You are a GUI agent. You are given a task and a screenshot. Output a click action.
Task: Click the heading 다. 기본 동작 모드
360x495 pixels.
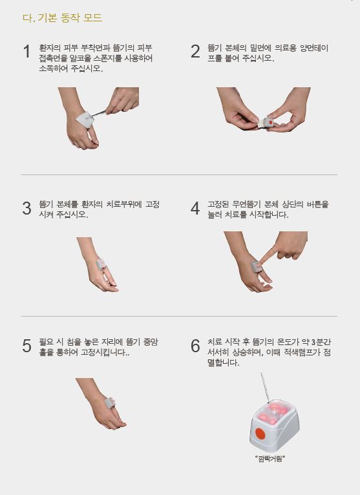click(x=63, y=17)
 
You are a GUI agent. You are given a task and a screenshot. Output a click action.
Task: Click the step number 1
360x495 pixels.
click(x=27, y=52)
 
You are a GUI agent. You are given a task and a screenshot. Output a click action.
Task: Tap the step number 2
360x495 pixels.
click(x=195, y=52)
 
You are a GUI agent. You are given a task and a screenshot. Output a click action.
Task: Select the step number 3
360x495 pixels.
click(x=27, y=208)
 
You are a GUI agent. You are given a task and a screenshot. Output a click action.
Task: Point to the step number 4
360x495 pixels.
click(x=195, y=208)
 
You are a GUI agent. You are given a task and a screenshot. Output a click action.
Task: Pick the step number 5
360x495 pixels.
click(x=27, y=346)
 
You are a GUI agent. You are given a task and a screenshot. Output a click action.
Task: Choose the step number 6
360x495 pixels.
click(x=195, y=346)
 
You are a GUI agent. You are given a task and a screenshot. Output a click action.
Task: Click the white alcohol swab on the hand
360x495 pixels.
click(x=84, y=120)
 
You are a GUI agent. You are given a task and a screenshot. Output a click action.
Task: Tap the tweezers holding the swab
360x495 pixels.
click(x=98, y=114)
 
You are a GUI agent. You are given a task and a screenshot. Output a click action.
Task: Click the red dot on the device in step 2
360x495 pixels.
click(x=271, y=122)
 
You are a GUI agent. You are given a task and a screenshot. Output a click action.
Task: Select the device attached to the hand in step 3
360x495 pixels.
click(x=101, y=264)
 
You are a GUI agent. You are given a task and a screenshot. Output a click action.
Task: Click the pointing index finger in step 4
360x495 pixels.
click(x=267, y=255)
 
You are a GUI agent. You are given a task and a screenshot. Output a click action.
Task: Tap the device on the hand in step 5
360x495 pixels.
click(x=110, y=402)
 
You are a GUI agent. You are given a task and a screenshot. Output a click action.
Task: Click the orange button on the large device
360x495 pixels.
click(x=260, y=434)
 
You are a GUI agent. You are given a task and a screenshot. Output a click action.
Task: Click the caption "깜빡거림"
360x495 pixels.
click(x=270, y=459)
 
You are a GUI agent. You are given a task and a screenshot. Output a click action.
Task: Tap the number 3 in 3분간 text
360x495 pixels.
click(x=313, y=342)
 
